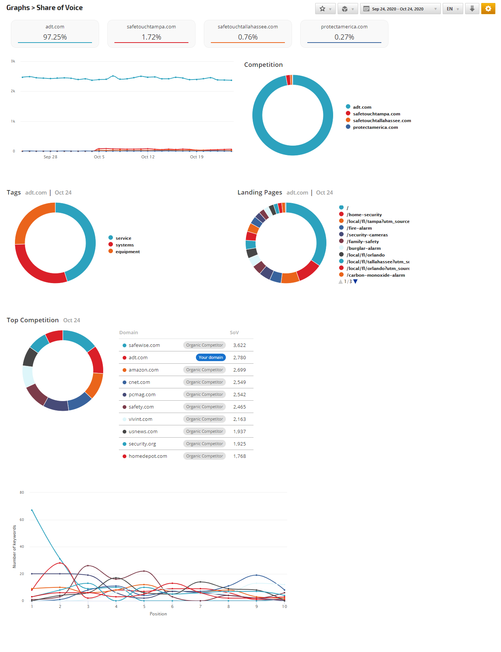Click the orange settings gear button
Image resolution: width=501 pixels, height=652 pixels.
click(488, 9)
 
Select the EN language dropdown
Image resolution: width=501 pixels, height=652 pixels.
click(452, 9)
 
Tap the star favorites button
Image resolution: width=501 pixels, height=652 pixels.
click(322, 9)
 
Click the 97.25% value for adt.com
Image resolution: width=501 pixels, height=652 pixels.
click(55, 37)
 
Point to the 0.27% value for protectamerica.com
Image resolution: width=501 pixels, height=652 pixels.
click(344, 37)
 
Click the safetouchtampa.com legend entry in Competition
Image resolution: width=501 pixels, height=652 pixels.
click(376, 114)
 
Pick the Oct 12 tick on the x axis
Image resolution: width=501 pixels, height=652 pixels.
click(148, 157)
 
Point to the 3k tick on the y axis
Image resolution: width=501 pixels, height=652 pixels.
click(13, 61)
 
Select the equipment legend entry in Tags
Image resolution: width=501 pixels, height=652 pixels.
click(127, 252)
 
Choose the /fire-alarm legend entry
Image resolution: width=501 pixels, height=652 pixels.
click(359, 228)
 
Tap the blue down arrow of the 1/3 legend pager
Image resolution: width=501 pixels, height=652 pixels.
click(356, 282)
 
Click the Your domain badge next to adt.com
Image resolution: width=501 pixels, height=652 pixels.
click(210, 357)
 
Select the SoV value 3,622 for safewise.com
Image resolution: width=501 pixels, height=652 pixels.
click(239, 345)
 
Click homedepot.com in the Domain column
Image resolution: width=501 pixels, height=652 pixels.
click(148, 456)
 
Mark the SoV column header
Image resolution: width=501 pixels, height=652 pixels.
click(234, 332)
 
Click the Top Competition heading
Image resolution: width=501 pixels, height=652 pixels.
click(33, 320)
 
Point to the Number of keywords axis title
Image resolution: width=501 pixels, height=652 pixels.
click(15, 546)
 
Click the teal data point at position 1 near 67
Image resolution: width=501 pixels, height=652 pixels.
click(32, 510)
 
